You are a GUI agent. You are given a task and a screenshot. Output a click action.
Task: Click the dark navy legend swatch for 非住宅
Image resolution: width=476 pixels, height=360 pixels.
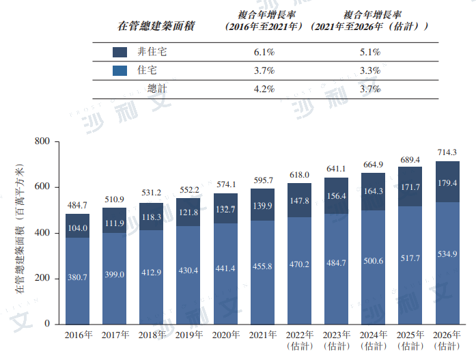[120, 52]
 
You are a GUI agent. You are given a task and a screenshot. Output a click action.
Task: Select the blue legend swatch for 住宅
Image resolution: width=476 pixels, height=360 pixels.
[120, 70]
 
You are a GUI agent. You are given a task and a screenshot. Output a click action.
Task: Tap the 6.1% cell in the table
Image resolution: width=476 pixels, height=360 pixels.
[264, 52]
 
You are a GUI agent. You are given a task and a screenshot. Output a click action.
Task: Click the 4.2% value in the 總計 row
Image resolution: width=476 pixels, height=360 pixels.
[264, 89]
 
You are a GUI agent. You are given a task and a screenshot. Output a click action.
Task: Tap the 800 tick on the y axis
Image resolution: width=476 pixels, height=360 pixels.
[43, 141]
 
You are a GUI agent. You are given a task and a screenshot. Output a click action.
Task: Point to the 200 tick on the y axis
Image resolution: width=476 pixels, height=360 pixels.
[43, 279]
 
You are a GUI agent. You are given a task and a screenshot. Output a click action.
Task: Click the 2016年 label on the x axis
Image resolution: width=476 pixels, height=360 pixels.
[78, 335]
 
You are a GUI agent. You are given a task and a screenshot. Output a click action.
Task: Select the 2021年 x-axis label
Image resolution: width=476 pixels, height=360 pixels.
[262, 335]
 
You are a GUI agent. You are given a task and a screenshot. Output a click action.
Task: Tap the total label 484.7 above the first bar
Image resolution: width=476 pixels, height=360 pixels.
[77, 205]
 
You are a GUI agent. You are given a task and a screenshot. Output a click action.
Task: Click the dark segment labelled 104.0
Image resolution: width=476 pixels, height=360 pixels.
[78, 228]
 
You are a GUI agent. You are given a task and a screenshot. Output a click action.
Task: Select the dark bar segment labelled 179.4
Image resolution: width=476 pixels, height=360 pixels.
[447, 182]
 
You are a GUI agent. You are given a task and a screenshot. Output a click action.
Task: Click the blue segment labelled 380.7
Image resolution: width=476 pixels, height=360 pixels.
[78, 277]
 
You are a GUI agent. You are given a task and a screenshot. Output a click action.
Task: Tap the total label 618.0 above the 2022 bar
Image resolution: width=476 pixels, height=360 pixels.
[299, 175]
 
